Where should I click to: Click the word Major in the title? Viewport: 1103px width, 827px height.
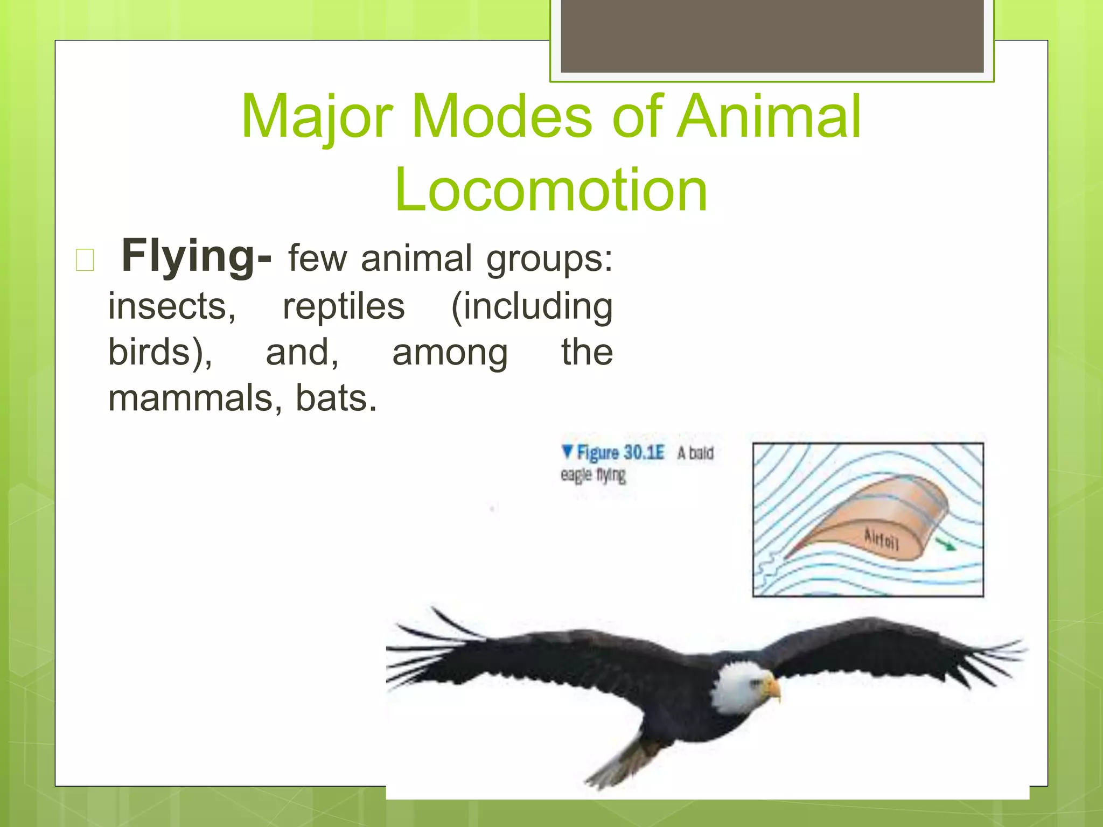pos(317,116)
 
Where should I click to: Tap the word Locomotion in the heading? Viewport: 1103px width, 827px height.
pos(551,190)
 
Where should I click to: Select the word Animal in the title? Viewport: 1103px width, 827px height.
pos(769,116)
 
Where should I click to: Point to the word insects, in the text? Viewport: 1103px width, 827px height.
pos(172,306)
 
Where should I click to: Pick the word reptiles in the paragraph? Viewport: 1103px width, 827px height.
pos(344,306)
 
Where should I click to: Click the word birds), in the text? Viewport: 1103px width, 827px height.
pos(160,352)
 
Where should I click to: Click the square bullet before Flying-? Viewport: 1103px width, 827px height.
pos(85,260)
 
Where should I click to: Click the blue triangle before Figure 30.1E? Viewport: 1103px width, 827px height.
pos(567,451)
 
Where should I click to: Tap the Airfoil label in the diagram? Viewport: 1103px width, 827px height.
pos(881,539)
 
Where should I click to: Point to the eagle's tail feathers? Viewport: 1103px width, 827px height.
pos(619,765)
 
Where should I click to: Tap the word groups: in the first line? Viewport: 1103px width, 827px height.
pos(549,259)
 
